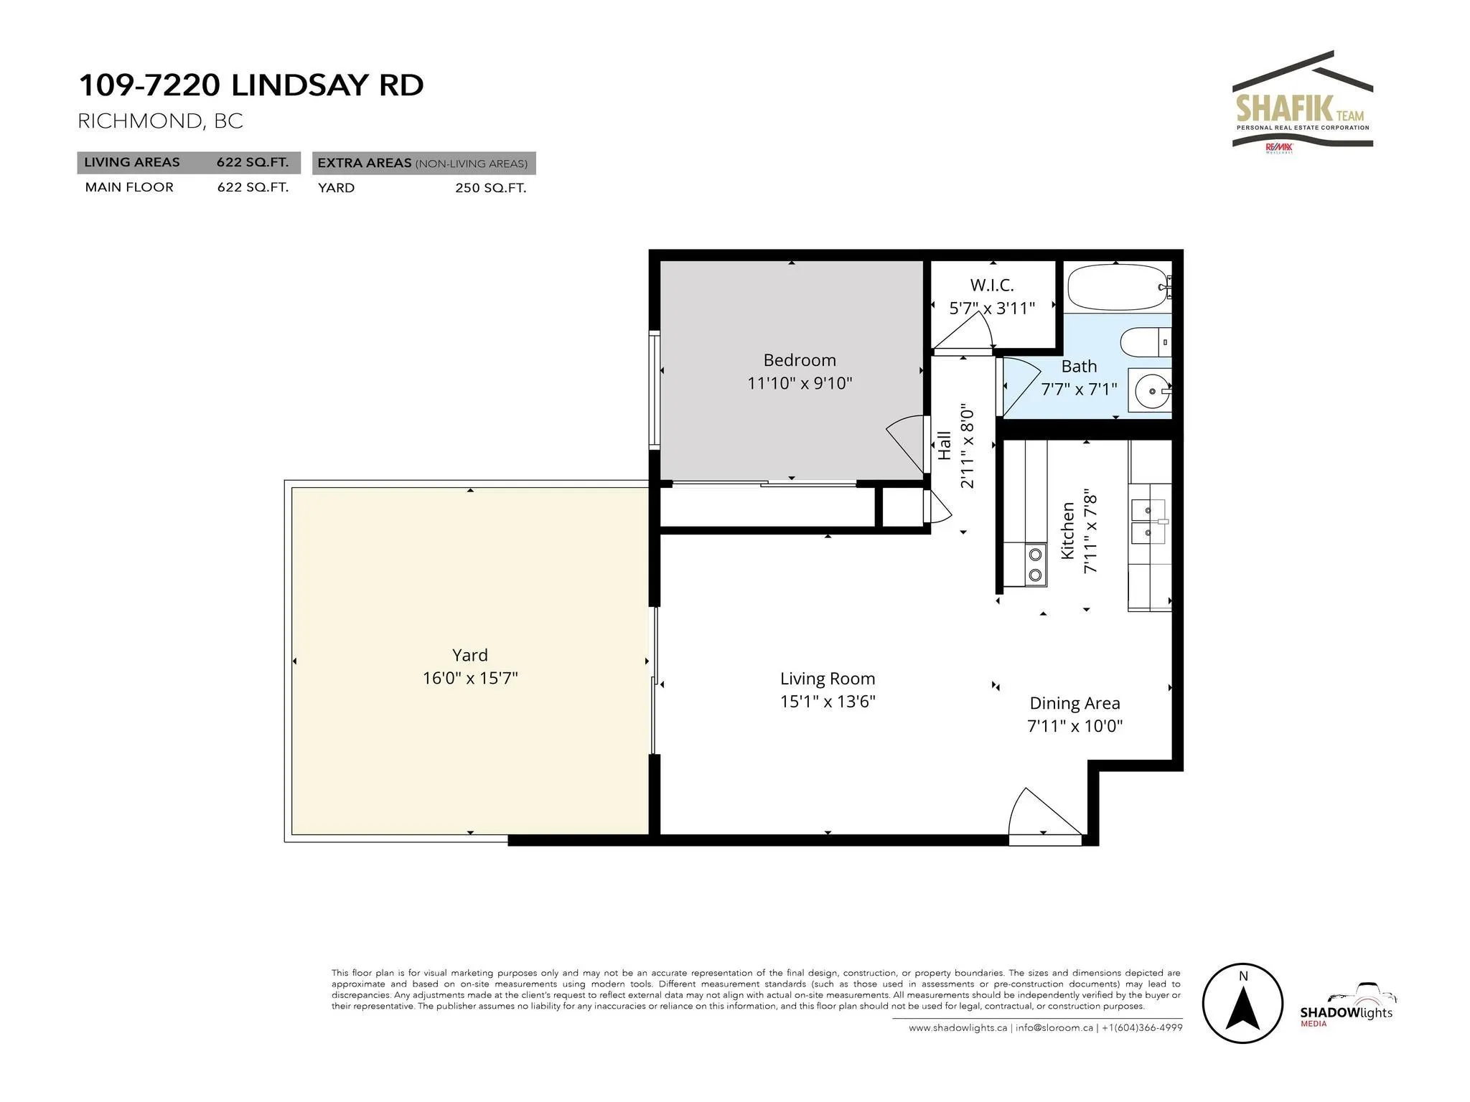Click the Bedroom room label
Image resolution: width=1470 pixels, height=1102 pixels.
(x=800, y=360)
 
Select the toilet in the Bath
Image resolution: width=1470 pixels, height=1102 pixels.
(x=1146, y=343)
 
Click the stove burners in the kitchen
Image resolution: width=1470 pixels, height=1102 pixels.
(x=1035, y=564)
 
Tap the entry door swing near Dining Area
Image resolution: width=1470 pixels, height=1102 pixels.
(x=1045, y=814)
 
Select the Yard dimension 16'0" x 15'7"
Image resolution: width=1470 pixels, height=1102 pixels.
(x=470, y=678)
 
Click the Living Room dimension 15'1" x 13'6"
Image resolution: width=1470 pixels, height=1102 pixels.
(x=828, y=701)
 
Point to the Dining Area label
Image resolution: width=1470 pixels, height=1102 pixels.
(x=1075, y=703)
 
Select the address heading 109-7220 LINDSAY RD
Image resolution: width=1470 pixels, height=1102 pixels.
(x=251, y=85)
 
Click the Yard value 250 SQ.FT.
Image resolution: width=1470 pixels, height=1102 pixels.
(x=490, y=188)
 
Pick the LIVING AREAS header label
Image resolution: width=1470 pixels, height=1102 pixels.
(x=132, y=162)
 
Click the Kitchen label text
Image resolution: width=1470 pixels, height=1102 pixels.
(x=1068, y=531)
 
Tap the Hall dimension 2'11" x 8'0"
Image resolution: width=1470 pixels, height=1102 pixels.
(x=967, y=446)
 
